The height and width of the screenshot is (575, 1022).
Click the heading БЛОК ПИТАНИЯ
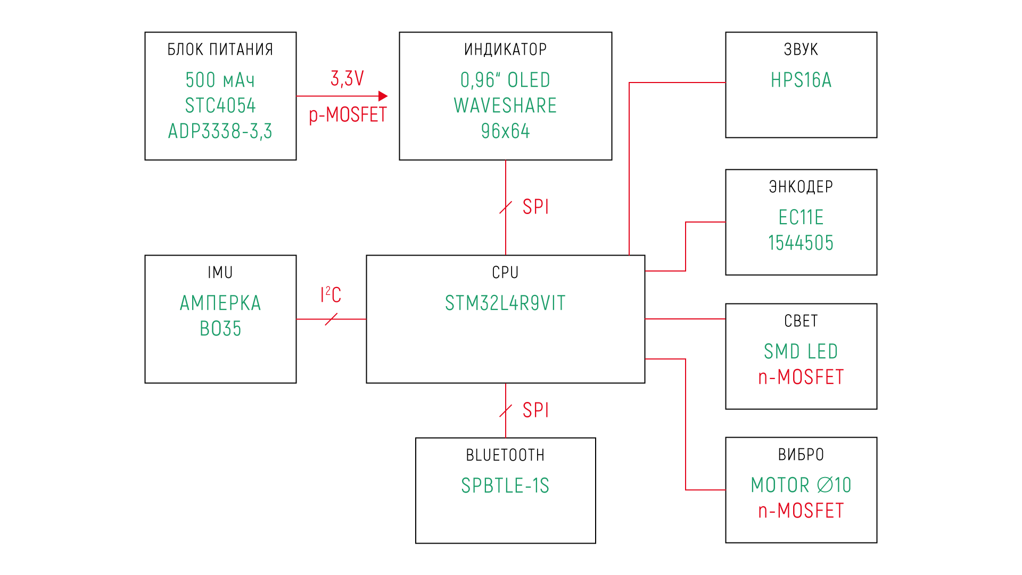[220, 50]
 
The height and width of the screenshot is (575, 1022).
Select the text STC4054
[220, 105]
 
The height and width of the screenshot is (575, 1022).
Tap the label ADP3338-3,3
[220, 131]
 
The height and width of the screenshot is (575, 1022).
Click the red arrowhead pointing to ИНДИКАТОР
[383, 96]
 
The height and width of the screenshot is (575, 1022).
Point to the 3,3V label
[347, 79]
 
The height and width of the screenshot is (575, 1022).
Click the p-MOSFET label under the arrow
[348, 115]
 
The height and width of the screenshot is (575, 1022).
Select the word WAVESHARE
[505, 105]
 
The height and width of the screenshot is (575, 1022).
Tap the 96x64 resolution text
[505, 131]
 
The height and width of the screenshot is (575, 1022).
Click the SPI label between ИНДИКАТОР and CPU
[535, 207]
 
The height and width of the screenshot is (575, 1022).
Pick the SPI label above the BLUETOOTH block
[535, 410]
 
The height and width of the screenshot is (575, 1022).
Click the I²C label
[331, 294]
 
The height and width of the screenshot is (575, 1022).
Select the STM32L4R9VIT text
[505, 303]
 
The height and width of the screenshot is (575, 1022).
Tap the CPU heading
[505, 273]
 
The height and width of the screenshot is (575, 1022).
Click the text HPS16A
[801, 80]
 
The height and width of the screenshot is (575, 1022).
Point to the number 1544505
[801, 243]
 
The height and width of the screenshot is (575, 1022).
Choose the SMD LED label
[801, 351]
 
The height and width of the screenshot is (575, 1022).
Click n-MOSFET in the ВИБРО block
[801, 511]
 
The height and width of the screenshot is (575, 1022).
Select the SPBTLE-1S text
[505, 486]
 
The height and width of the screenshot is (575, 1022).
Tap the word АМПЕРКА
[220, 303]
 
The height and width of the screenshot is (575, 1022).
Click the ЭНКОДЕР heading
[801, 187]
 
